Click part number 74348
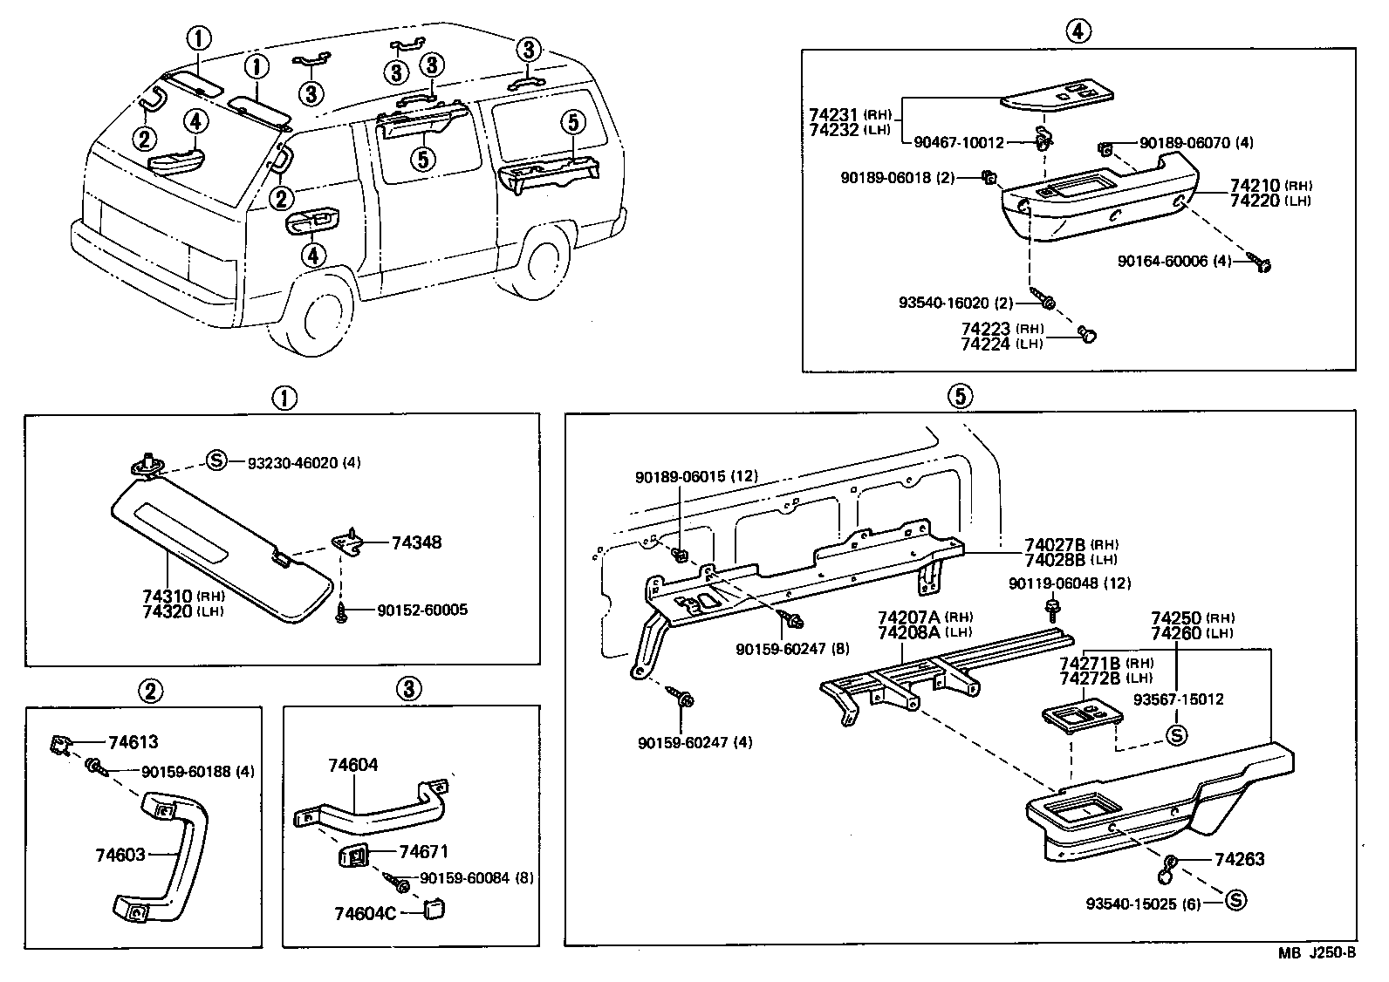416,542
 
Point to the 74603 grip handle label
120,855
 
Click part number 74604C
365,913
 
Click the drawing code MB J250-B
1317,953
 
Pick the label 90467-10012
959,141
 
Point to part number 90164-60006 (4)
1174,261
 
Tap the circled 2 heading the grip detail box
150,692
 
